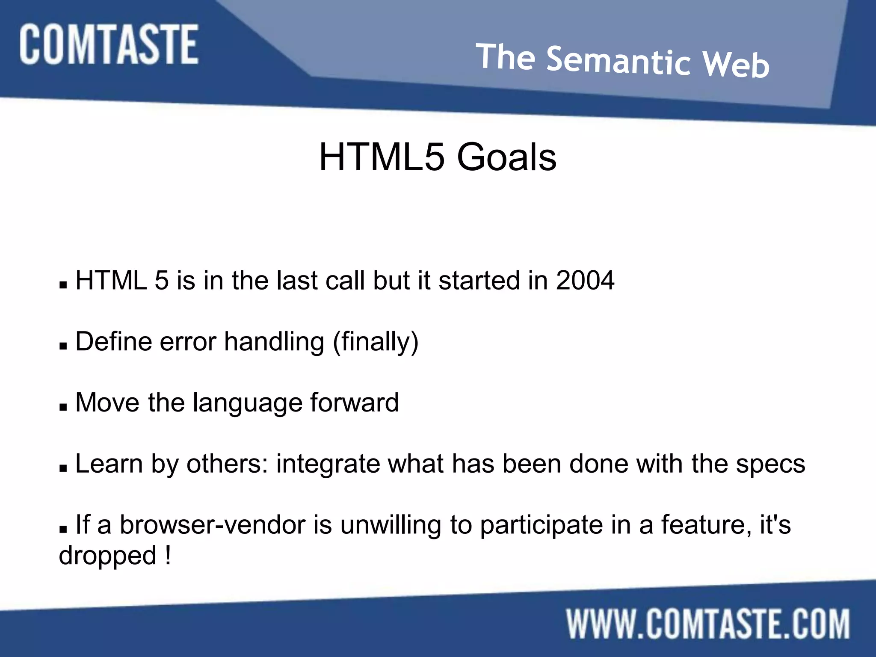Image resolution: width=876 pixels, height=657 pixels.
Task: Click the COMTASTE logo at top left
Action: tap(109, 44)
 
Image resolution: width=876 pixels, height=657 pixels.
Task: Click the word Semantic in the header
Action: tap(619, 61)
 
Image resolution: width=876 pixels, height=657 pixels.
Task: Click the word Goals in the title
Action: tap(506, 157)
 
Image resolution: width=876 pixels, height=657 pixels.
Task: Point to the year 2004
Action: tap(585, 281)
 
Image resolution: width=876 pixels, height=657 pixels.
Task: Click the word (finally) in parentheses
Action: tap(376, 342)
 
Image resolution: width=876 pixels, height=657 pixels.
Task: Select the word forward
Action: tap(354, 402)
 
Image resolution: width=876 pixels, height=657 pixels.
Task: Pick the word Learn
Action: tap(109, 464)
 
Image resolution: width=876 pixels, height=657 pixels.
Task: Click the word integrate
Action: tap(328, 465)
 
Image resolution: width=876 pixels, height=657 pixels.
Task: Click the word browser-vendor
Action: tap(212, 525)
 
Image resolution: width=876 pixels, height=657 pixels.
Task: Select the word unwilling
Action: tap(391, 525)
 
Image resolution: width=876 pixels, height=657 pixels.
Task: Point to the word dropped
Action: tap(107, 556)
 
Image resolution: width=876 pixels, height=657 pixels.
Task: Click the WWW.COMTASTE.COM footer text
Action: tap(708, 624)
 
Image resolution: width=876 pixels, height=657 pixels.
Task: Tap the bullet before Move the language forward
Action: tap(63, 407)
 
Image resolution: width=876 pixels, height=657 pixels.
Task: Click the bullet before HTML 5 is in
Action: tap(63, 285)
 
